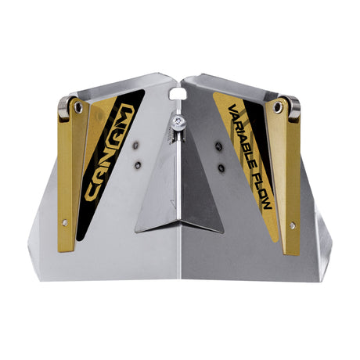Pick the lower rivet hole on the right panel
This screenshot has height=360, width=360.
click(221, 167)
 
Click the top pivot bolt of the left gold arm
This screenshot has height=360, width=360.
click(78, 107)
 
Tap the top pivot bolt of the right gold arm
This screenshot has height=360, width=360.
click(279, 108)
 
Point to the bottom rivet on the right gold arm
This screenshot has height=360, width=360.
click(293, 225)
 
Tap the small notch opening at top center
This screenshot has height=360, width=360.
click(178, 95)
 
